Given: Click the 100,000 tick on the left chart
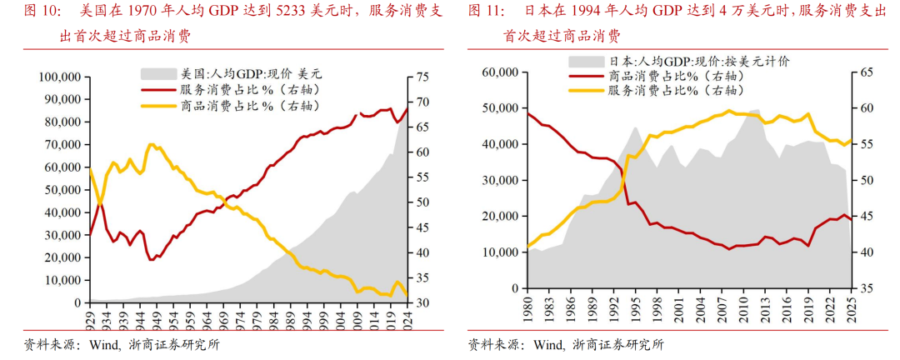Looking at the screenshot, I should (57, 77).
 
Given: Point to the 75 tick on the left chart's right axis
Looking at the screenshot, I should (422, 77).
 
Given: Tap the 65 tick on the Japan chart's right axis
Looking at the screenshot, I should (867, 72).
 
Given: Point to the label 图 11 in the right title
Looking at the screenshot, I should (487, 12).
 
